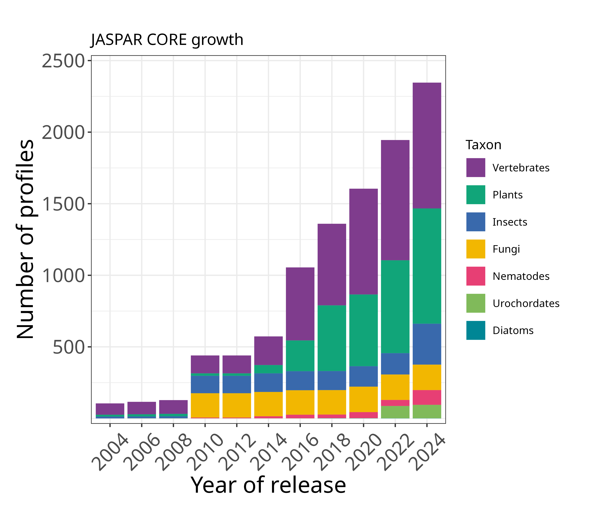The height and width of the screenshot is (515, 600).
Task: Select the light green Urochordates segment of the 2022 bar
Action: (x=395, y=412)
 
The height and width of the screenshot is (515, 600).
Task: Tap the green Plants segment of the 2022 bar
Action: (x=395, y=307)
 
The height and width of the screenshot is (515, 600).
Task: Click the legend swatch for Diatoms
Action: (x=475, y=330)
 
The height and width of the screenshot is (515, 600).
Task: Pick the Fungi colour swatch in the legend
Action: (x=475, y=249)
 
